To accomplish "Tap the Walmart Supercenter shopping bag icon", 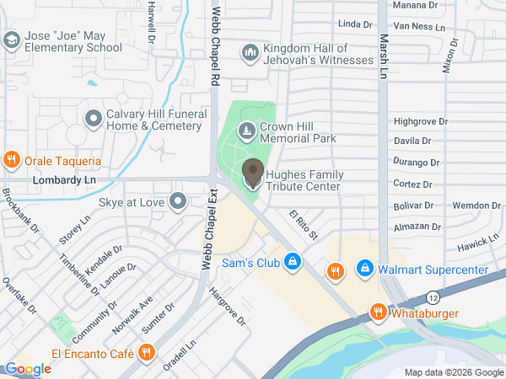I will [x=364, y=270].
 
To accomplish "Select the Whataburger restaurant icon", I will [x=378, y=312].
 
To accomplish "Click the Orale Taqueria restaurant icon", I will [x=12, y=160].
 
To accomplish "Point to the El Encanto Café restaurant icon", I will [x=147, y=352].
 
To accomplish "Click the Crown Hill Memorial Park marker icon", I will [x=246, y=131].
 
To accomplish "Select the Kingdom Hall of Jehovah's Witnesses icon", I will [x=250, y=54].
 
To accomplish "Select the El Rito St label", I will [x=302, y=225].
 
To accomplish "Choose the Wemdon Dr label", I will [x=476, y=206].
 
